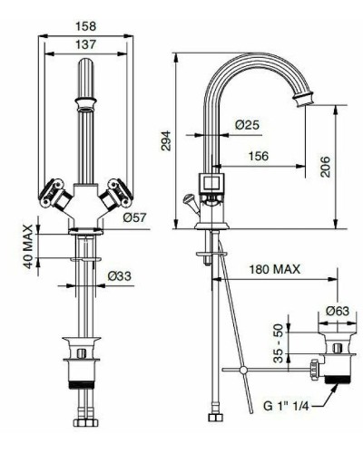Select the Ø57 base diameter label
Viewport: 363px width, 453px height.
(134, 217)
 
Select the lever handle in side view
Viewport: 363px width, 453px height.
(190, 199)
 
